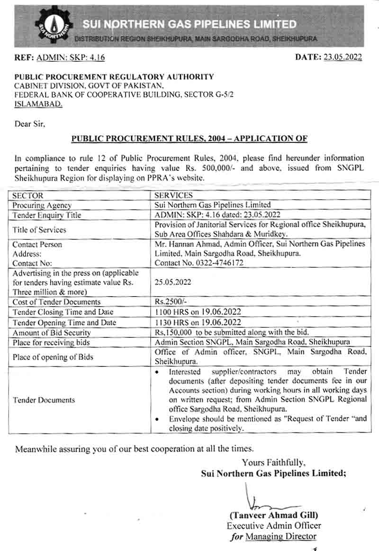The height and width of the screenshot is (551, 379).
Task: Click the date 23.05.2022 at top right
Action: click(343, 57)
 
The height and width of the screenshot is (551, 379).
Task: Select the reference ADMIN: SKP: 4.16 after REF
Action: click(71, 57)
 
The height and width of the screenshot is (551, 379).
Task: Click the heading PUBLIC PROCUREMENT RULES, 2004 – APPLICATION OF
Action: click(189, 139)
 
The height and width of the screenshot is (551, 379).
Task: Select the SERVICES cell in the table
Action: click(174, 195)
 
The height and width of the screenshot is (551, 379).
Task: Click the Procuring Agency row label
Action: click(42, 205)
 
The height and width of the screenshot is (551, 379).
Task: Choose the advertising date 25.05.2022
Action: click(173, 281)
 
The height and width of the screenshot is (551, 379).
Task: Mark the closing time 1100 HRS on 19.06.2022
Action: click(199, 312)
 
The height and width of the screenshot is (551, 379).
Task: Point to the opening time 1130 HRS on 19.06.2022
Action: click(199, 322)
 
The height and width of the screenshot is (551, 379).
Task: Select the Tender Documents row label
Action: click(44, 400)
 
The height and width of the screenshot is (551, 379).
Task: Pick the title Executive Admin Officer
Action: click(274, 525)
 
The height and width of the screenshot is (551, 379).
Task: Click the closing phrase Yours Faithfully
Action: click(274, 462)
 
